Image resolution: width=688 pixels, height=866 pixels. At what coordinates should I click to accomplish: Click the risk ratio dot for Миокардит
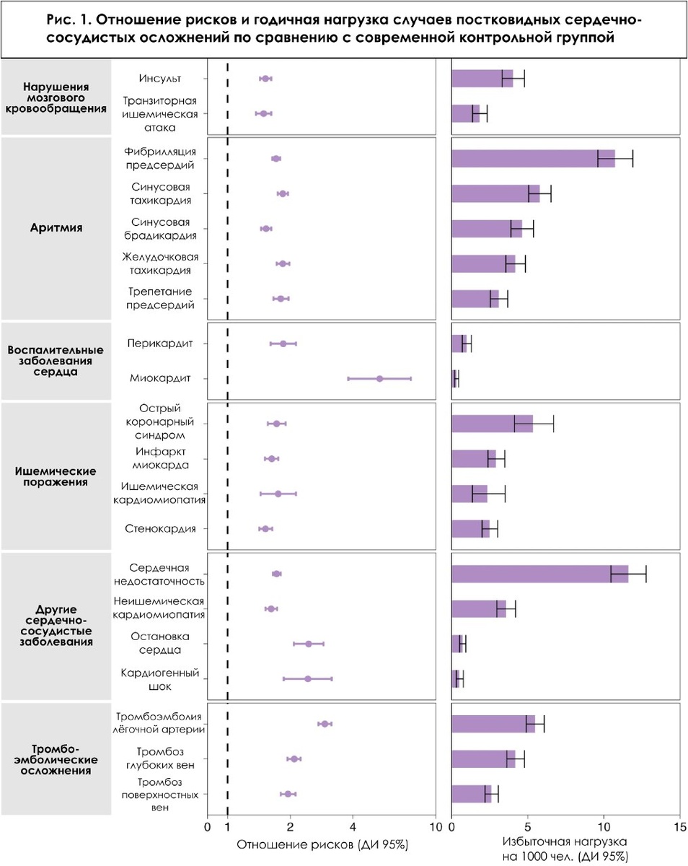coord(380,378)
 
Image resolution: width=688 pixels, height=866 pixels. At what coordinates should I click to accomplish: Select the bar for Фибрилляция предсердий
coord(533,158)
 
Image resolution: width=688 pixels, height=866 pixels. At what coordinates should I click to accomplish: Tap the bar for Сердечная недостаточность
coord(539,574)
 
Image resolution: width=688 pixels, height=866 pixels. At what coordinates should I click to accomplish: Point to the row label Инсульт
coord(156,78)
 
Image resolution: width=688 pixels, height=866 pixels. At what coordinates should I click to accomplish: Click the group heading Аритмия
coord(57,228)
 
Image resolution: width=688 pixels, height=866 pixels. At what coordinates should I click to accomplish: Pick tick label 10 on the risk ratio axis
coord(435,827)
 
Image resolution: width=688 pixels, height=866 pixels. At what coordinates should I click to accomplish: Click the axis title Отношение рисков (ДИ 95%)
coord(322,844)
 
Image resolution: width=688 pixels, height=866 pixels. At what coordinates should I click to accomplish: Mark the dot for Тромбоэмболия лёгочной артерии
coord(325,724)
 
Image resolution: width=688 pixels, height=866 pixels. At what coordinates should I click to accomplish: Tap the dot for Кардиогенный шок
coord(308,678)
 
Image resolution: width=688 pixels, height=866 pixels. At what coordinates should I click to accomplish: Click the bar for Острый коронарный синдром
coord(492,424)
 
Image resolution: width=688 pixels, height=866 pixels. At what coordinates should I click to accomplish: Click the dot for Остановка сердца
coord(309,644)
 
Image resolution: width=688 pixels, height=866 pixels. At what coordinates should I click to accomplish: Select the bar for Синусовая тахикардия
coord(495,193)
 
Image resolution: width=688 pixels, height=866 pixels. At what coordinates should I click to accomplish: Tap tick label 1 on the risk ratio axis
coord(228,827)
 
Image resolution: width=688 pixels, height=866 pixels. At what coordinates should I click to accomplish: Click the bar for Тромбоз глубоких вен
coord(483,758)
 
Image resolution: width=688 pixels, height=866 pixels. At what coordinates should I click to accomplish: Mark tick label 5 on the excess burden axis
coord(528,827)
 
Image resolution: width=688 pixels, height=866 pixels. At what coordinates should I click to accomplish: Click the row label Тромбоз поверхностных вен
coord(160,794)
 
